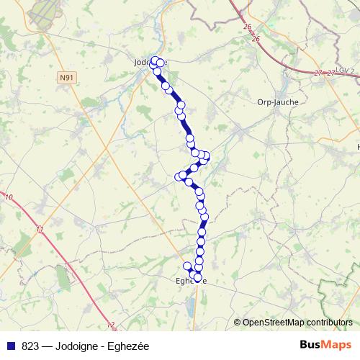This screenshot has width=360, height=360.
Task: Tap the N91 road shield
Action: tap(67, 76)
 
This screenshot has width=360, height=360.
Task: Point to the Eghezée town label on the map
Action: tap(191, 282)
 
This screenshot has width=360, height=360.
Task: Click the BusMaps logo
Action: tap(325, 346)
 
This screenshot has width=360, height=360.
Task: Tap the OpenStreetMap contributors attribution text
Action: tap(293, 323)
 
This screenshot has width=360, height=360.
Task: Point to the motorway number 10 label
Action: tap(9, 197)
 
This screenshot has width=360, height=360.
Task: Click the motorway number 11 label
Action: tap(39, 230)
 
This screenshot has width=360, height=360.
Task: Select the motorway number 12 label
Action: tap(110, 325)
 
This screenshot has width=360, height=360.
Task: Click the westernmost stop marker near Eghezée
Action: tap(187, 266)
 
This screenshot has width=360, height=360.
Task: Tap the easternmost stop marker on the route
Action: tap(206, 156)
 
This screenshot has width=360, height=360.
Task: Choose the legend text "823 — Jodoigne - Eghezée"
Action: tap(85, 346)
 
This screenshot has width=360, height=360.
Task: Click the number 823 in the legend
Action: tap(30, 346)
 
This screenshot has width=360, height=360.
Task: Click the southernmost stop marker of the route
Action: tap(197, 277)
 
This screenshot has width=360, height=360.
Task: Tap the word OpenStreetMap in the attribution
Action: tap(274, 323)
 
